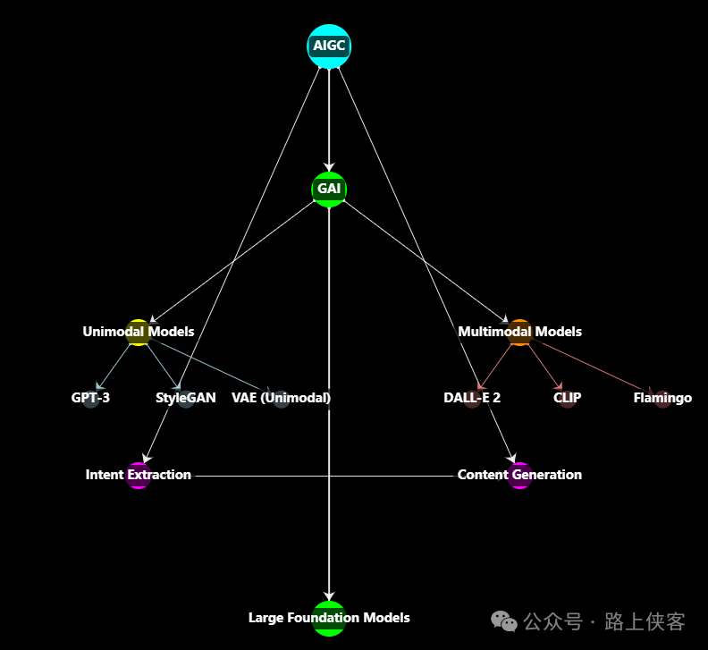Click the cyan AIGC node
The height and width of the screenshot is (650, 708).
(329, 46)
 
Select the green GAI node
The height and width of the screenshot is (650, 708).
(329, 190)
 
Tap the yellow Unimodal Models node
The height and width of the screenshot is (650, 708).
(139, 332)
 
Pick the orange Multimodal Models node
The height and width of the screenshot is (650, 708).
(519, 332)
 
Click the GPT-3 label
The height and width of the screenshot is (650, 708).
(90, 398)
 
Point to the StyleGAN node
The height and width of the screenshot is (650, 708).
(186, 399)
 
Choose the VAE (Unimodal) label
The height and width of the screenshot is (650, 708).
(281, 398)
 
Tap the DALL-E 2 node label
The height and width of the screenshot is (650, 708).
(472, 398)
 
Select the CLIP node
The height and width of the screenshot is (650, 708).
(568, 399)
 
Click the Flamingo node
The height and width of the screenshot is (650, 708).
(662, 399)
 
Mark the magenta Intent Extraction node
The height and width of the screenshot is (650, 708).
(139, 476)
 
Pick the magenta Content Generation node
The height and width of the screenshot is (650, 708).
(519, 476)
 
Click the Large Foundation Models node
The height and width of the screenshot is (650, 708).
(329, 618)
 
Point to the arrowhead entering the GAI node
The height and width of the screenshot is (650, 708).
(329, 166)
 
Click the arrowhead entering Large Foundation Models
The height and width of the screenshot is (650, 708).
(329, 595)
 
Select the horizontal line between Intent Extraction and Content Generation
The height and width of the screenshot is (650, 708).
(322, 477)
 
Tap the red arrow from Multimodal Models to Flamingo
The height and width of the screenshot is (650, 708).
(590, 365)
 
